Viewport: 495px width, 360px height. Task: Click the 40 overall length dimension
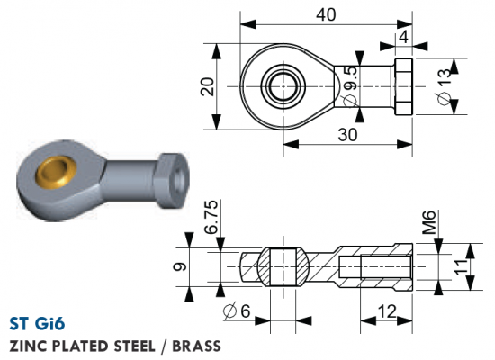click(x=326, y=14)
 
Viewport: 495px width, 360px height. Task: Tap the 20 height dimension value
click(x=209, y=86)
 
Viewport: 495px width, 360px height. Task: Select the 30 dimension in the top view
click(x=348, y=135)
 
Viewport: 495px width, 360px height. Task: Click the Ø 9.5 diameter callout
click(x=350, y=85)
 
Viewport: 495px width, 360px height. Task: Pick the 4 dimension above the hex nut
click(x=404, y=37)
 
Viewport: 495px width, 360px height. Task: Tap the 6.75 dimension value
click(x=211, y=217)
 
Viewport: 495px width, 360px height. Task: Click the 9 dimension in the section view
click(x=180, y=267)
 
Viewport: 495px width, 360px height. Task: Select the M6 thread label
click(x=429, y=222)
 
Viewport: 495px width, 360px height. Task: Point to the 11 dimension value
click(x=461, y=267)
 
